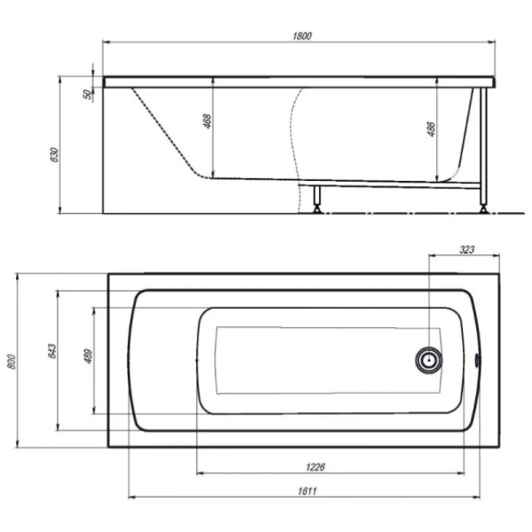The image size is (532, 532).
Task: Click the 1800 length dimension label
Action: [x=301, y=35]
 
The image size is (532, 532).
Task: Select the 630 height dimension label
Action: [x=55, y=154]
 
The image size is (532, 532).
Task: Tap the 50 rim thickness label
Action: [x=88, y=94]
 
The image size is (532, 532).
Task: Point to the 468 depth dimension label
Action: [x=207, y=121]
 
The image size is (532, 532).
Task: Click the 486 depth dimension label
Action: [x=431, y=129]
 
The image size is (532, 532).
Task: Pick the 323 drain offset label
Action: [x=466, y=250]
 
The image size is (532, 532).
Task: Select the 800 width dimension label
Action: [x=12, y=362]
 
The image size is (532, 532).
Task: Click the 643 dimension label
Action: [x=52, y=351]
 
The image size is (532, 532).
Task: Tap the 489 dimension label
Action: [x=88, y=356]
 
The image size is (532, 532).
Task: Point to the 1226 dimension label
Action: [x=315, y=467]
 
